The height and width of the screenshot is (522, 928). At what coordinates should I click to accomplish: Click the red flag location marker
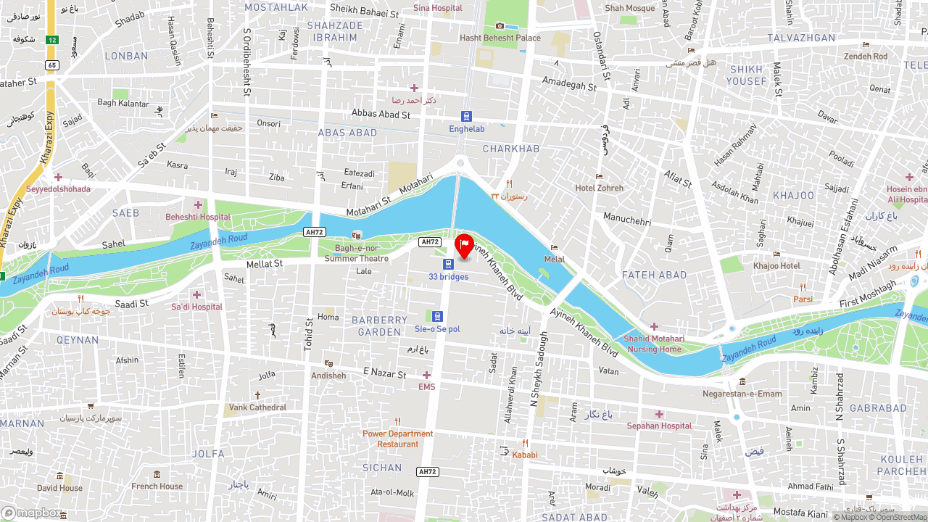[x=464, y=246]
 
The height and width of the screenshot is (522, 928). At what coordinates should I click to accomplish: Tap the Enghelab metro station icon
[x=466, y=116]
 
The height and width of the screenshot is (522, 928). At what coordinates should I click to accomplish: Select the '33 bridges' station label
[x=448, y=276]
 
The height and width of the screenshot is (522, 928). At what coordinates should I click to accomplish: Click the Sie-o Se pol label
[x=437, y=328]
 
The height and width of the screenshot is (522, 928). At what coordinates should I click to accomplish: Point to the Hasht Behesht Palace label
[x=500, y=38]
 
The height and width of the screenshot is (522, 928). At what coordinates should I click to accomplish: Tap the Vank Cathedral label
[x=257, y=407]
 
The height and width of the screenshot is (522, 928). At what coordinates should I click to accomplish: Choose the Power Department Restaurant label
[x=398, y=439]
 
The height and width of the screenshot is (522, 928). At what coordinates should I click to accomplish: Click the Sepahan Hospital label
[x=659, y=426]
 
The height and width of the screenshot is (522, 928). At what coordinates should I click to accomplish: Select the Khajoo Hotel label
[x=776, y=265]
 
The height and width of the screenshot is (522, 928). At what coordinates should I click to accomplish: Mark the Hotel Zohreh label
[x=599, y=188]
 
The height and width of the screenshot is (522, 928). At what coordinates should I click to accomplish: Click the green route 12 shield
[x=51, y=40]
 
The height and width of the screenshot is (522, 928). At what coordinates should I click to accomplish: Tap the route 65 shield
[x=51, y=65]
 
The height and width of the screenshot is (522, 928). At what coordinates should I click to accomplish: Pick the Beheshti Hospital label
[x=198, y=216]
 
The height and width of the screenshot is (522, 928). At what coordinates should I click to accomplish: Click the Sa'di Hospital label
[x=196, y=307]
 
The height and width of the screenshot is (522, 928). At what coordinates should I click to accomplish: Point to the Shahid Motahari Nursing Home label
[x=654, y=344]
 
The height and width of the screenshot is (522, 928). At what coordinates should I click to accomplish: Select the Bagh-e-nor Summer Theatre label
[x=356, y=253]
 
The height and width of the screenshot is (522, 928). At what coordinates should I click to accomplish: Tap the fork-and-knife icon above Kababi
[x=525, y=444]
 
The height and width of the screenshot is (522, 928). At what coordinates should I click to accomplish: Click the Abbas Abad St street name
[x=381, y=113]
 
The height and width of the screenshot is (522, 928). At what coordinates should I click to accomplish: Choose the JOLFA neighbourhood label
[x=208, y=454]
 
